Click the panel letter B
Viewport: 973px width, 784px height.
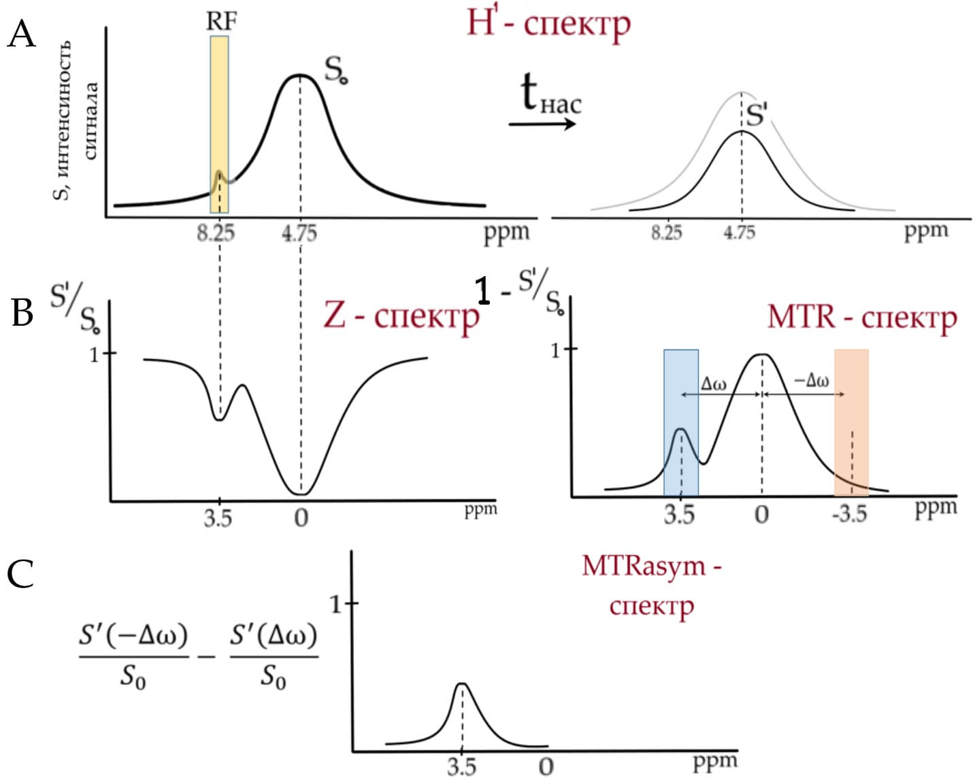click(x=22, y=313)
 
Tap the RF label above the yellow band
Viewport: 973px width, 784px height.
click(x=221, y=22)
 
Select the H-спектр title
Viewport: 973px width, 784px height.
click(x=548, y=23)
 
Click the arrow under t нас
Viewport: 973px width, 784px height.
click(x=542, y=124)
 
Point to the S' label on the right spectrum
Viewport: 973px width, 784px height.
click(x=757, y=116)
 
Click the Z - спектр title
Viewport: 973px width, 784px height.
click(x=401, y=316)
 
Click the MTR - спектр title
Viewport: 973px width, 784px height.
click(x=861, y=317)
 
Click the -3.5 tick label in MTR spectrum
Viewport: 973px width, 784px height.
click(x=849, y=514)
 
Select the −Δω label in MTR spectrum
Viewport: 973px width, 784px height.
click(x=811, y=381)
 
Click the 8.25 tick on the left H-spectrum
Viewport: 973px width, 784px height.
click(x=216, y=233)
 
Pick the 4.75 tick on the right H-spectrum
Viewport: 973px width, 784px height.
click(x=739, y=233)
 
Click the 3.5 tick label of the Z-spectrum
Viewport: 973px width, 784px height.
click(x=218, y=519)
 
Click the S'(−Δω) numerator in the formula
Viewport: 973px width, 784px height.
click(x=133, y=636)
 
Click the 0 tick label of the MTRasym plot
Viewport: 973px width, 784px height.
click(x=546, y=767)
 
